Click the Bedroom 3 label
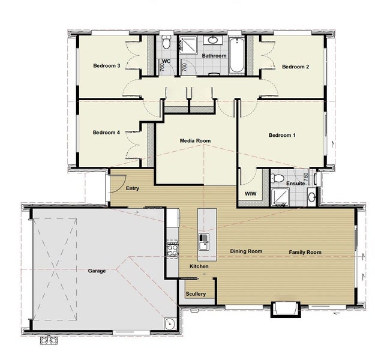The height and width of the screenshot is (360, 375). coord(107,65)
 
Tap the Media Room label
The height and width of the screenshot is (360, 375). coord(195,140)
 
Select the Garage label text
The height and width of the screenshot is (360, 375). coord(97,271)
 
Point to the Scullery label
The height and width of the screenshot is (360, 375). coord(196,294)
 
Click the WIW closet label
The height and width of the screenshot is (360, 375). coord(251,194)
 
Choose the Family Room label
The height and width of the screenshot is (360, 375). coord(305,252)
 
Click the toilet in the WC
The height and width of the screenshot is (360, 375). coord(166,42)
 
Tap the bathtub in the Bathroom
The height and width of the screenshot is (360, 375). coord(237,55)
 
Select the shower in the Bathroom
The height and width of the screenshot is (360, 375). coord(188,44)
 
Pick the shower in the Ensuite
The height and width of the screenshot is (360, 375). coord(280,197)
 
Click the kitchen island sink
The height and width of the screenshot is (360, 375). coord(204,242)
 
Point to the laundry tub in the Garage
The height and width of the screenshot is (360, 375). coord(170,323)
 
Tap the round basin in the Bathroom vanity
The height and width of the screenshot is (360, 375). coord(213,40)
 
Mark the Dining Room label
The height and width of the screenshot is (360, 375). coord(246,251)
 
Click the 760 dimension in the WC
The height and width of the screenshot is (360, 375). coord(162,67)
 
